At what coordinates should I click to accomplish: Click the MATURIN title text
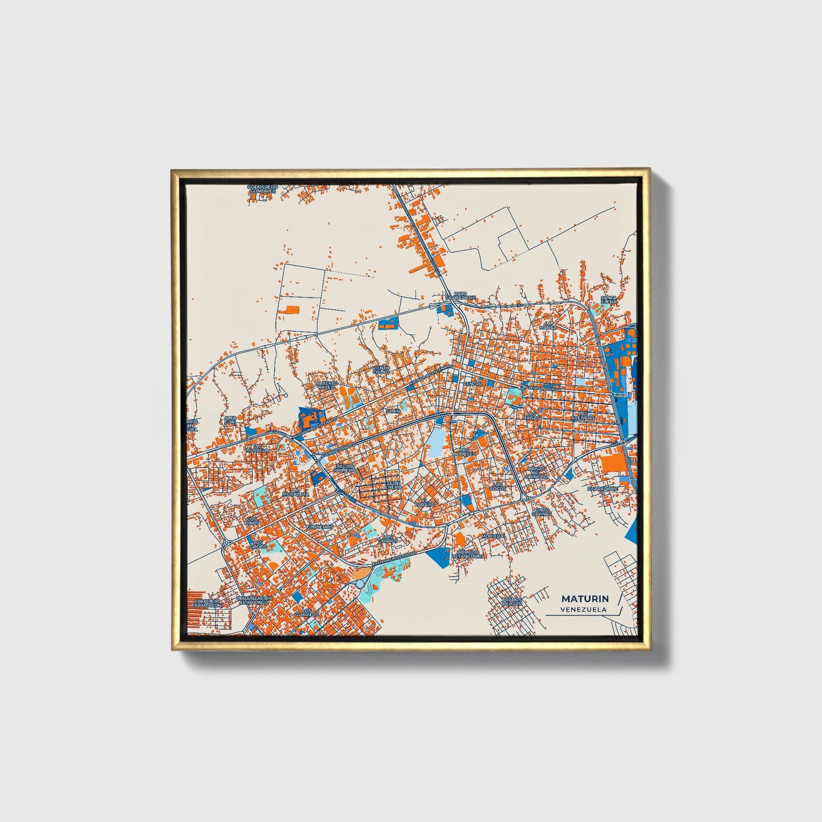584,598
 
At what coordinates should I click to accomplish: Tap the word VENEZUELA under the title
583,609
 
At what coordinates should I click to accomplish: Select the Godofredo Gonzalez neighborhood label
262,189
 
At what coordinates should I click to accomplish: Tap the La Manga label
548,325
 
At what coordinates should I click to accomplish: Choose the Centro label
473,384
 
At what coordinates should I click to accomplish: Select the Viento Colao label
381,370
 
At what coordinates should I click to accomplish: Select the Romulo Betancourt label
469,554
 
